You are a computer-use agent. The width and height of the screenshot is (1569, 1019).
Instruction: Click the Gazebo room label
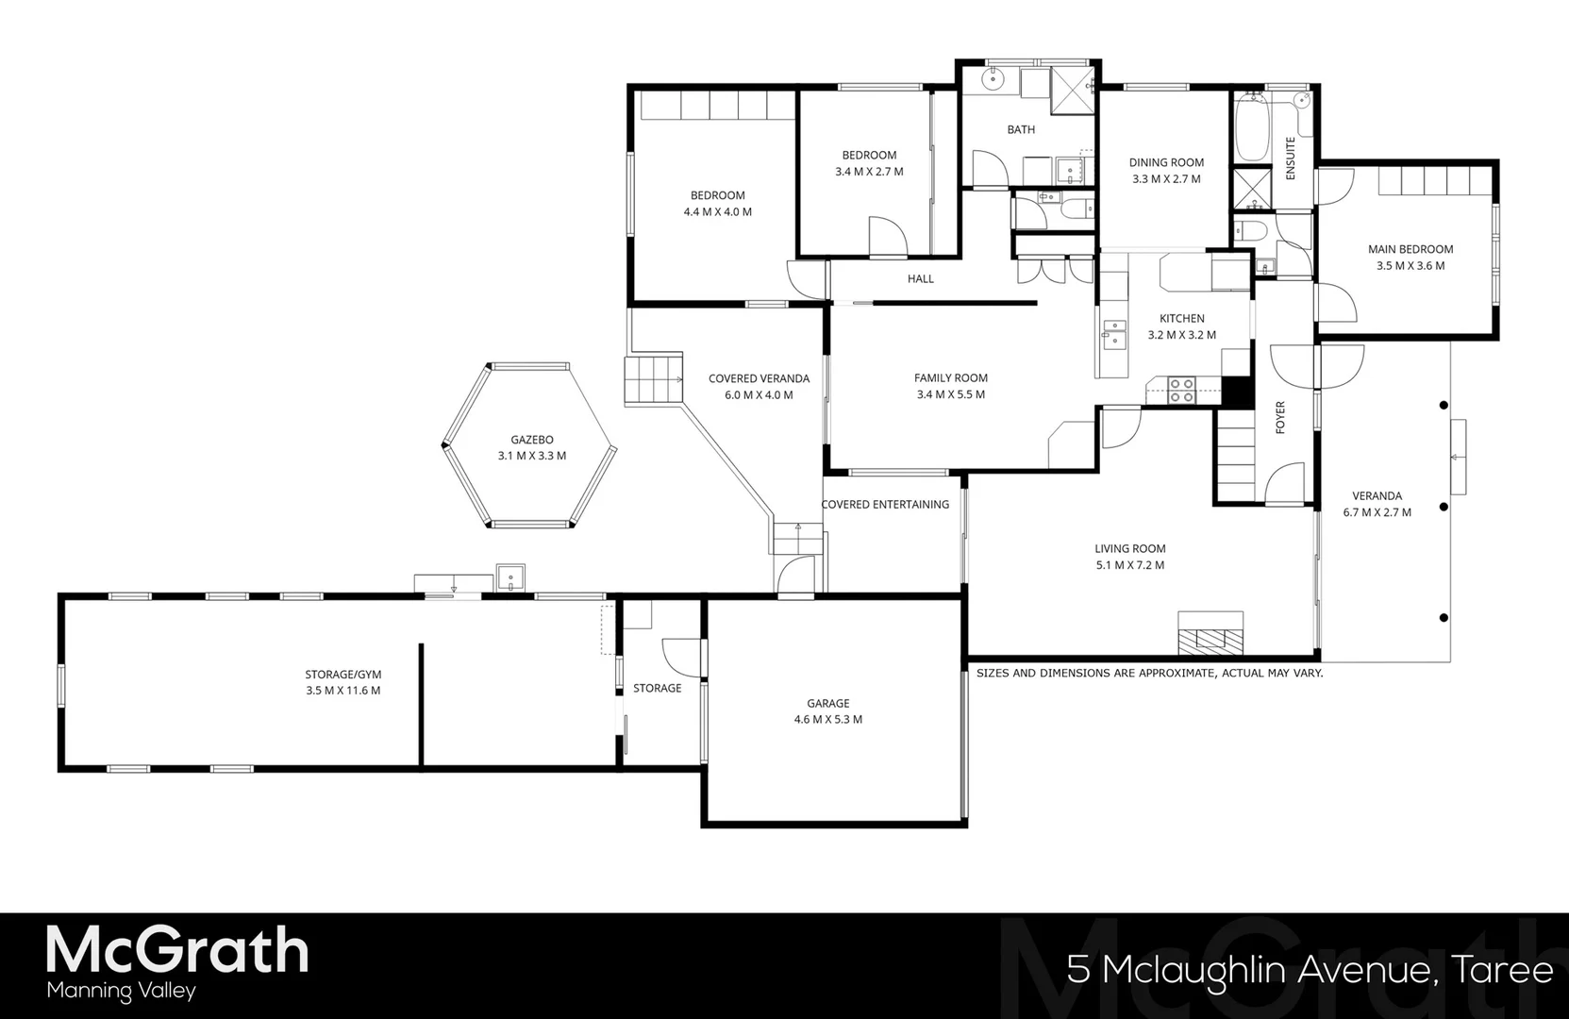click(531, 440)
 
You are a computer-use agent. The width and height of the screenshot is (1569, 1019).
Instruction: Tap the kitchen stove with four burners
click(1181, 390)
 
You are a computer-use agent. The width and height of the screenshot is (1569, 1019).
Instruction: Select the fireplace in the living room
click(1210, 633)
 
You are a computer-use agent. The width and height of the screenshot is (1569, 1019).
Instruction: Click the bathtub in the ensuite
click(1251, 127)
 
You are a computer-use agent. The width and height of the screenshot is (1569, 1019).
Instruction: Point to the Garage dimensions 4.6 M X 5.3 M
click(827, 719)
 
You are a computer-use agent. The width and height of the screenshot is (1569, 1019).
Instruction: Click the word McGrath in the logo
click(177, 950)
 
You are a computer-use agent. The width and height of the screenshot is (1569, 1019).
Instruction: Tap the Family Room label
click(950, 377)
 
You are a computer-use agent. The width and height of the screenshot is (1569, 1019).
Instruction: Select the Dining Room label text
click(1166, 162)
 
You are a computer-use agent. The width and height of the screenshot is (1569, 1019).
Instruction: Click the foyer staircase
click(1235, 453)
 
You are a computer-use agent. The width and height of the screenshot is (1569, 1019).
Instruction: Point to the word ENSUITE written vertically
click(1291, 159)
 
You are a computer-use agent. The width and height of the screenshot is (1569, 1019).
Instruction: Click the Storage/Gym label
click(342, 675)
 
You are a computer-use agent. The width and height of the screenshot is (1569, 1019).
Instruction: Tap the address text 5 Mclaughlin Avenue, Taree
click(1310, 969)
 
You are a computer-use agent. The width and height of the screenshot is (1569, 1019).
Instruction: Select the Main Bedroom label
click(1410, 249)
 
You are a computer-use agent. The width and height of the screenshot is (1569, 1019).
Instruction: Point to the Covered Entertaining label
click(885, 505)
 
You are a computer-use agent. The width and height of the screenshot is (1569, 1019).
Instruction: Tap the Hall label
click(920, 278)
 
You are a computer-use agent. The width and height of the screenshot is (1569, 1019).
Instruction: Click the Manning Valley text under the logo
click(121, 992)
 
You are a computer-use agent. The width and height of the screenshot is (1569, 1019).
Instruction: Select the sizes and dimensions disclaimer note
click(1149, 673)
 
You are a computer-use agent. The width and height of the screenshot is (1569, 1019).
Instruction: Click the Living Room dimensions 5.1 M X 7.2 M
click(1129, 565)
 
